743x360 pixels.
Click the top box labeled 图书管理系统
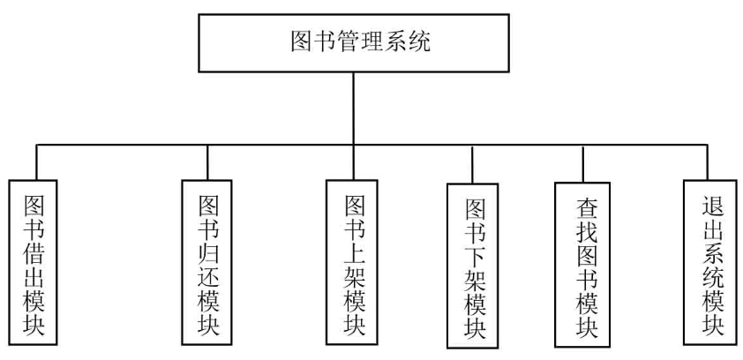(354, 42)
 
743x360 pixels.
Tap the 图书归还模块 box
(207, 262)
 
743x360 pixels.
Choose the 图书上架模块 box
(352, 262)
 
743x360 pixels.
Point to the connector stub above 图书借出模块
(37, 161)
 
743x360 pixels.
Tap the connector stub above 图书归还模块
(207, 161)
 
